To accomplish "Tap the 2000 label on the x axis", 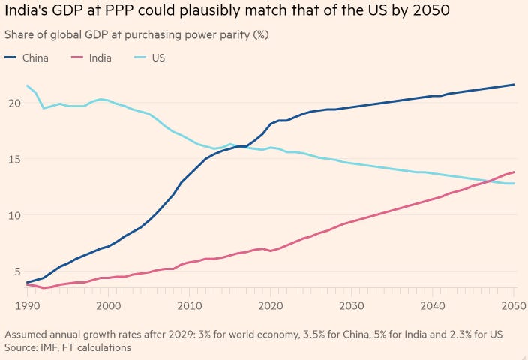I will [x=109, y=306].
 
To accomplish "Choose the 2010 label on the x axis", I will [x=190, y=306].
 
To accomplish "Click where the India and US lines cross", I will [x=492, y=179].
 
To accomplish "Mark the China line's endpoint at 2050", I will [x=514, y=84].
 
